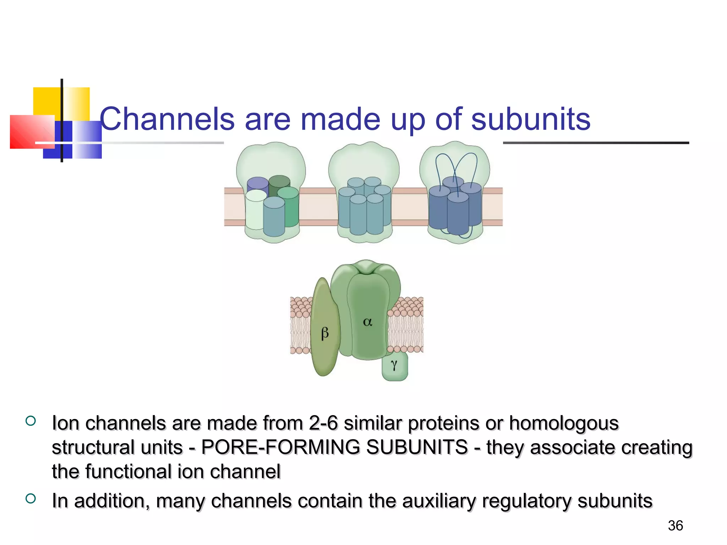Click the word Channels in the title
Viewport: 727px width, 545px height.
(167, 119)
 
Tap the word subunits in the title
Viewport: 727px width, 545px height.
(531, 119)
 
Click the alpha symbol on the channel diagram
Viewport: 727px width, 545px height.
(367, 322)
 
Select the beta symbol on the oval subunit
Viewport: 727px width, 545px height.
(324, 333)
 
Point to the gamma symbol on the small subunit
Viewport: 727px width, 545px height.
(394, 364)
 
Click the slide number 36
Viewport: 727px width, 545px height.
(675, 525)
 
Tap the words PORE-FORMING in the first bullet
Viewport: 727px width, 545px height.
(281, 447)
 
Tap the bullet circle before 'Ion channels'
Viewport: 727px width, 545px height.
(31, 421)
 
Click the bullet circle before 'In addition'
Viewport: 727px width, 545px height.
(31, 499)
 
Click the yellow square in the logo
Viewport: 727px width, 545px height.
(46, 101)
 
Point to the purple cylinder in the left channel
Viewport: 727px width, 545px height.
(257, 184)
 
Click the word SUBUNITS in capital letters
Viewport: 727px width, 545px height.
(417, 447)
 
